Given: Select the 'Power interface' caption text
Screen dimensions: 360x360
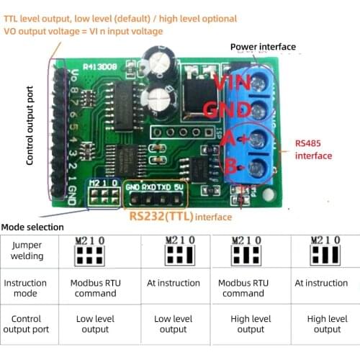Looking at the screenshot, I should [x=263, y=47].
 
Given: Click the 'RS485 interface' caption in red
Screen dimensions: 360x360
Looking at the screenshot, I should [x=313, y=150].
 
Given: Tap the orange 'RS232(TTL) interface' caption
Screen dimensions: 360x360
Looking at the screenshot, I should [x=181, y=216].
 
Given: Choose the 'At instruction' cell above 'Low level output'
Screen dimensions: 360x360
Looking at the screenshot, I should [x=173, y=284].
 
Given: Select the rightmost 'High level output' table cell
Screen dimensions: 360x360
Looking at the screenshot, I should [x=327, y=324].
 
